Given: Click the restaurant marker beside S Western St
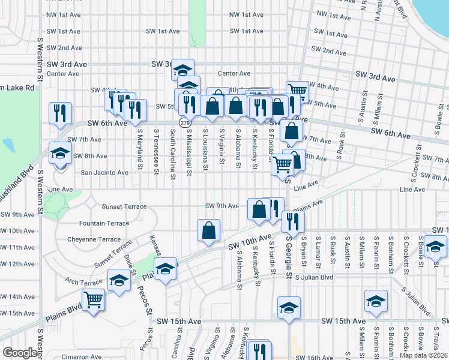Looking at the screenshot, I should pyautogui.click(x=60, y=113).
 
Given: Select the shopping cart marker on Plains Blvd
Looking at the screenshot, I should pyautogui.click(x=93, y=299).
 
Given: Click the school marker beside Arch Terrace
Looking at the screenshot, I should pyautogui.click(x=119, y=280).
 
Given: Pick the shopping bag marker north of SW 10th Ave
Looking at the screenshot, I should pyautogui.click(x=208, y=231).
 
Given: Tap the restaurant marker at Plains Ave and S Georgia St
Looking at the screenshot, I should pyautogui.click(x=293, y=221).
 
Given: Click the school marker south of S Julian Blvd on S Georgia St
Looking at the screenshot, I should pyautogui.click(x=289, y=308).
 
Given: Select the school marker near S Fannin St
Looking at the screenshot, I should pyautogui.click(x=376, y=302).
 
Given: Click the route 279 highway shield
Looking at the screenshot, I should pyautogui.click(x=181, y=122).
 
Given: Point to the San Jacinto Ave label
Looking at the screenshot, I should pyautogui.click(x=104, y=173).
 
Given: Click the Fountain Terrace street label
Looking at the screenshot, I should pyautogui.click(x=104, y=223).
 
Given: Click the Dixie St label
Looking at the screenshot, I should pyautogui.click(x=128, y=262).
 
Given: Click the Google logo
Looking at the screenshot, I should pyautogui.click(x=20, y=353).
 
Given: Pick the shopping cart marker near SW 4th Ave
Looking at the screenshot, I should pyautogui.click(x=297, y=92).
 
